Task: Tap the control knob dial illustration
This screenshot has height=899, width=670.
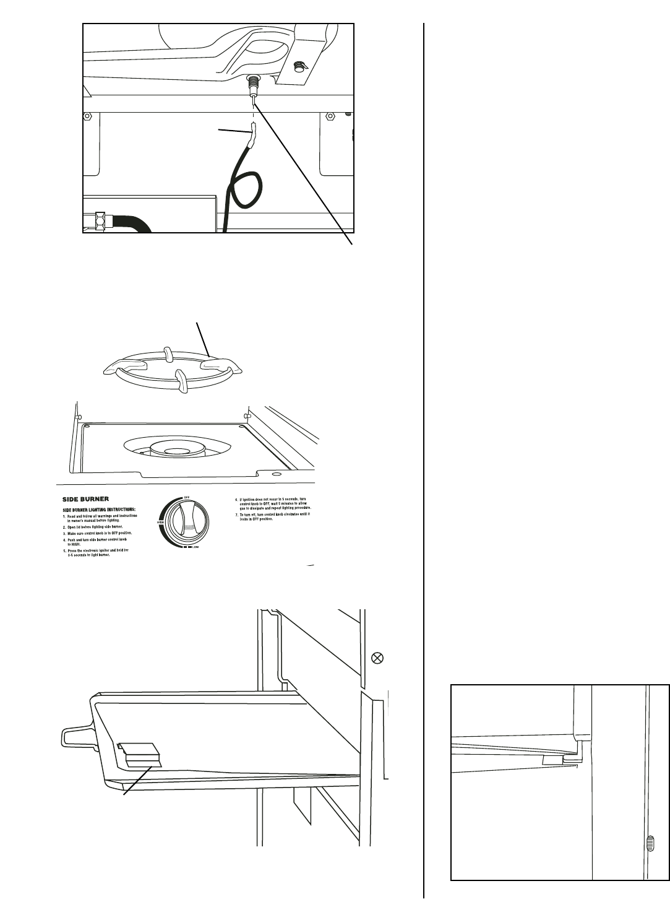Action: [x=183, y=523]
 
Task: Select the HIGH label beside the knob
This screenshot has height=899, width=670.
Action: [x=160, y=522]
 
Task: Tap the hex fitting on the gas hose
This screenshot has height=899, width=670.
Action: [x=100, y=219]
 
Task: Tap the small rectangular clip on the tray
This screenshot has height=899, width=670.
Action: [x=142, y=754]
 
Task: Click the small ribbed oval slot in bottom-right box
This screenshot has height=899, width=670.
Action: [x=649, y=843]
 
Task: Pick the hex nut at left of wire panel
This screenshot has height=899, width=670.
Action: [x=88, y=117]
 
